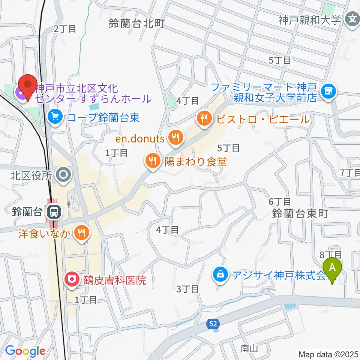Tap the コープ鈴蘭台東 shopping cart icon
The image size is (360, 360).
click(x=55, y=118)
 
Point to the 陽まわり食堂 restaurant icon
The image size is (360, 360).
click(x=152, y=162)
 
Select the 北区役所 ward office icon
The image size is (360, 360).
click(x=63, y=175)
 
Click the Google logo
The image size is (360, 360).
click(x=25, y=351)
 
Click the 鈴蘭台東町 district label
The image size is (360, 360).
click(x=300, y=214)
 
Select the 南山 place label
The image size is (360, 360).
click(x=249, y=349)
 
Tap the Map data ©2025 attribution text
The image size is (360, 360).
click(x=328, y=354)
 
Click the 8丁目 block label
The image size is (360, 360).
click(x=330, y=255)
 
